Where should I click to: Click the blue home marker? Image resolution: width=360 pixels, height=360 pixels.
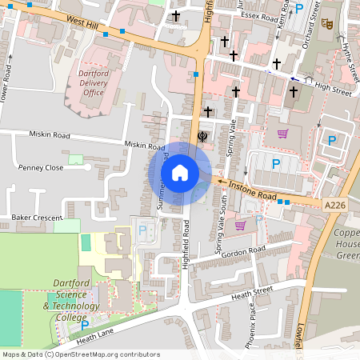pyautogui.click(x=180, y=172)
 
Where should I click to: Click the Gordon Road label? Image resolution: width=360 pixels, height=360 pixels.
pyautogui.click(x=244, y=250)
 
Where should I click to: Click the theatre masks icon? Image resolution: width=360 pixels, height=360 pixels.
pyautogui.click(x=326, y=24)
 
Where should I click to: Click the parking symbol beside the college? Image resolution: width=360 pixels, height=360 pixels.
pyautogui.click(x=85, y=325)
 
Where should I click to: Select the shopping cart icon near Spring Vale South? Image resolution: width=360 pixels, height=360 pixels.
pyautogui.click(x=240, y=226)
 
